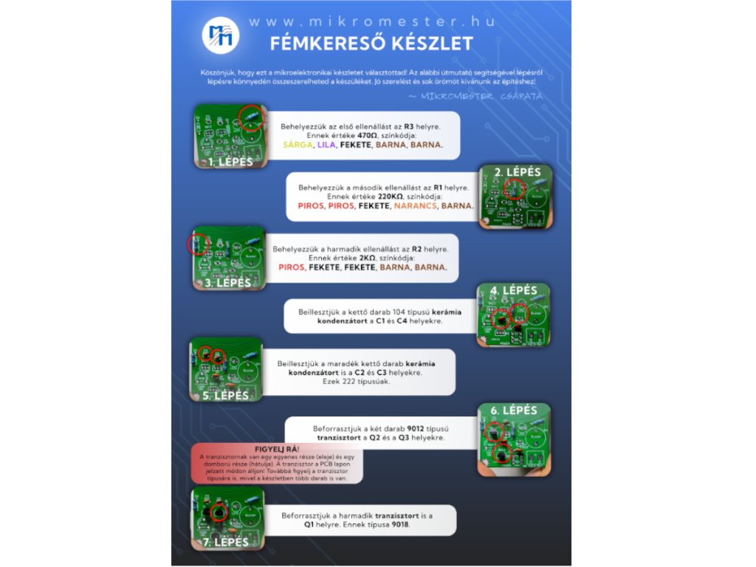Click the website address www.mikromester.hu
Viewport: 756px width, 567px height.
(371, 21)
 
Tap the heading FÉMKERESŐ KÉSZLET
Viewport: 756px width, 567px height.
(371, 44)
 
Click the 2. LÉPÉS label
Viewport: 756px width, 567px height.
(518, 173)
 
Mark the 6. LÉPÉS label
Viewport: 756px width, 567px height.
(515, 410)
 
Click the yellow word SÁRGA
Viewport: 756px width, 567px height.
(298, 145)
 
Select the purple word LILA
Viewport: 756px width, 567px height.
(326, 145)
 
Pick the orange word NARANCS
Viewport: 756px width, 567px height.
(415, 206)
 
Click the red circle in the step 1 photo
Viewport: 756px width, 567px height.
(250, 117)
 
